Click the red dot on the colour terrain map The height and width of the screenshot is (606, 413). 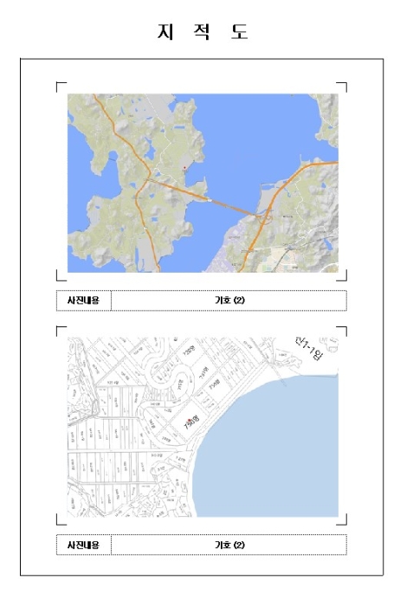pyautogui.click(x=185, y=166)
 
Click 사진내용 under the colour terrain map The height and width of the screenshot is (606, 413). pyautogui.click(x=84, y=300)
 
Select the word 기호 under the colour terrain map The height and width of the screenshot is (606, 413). pyautogui.click(x=223, y=300)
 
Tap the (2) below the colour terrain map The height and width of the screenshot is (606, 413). pyautogui.click(x=241, y=300)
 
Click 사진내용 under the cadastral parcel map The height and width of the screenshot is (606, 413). pyautogui.click(x=84, y=545)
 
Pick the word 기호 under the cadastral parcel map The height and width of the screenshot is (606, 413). pyautogui.click(x=223, y=545)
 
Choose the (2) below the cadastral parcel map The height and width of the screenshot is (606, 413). pyautogui.click(x=241, y=545)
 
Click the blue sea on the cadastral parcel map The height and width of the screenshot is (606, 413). pyautogui.click(x=286, y=450)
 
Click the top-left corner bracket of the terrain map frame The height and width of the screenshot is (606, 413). pyautogui.click(x=58, y=85)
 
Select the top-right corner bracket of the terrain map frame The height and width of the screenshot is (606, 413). pyautogui.click(x=345, y=85)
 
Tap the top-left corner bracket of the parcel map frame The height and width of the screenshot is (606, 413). pyautogui.click(x=58, y=329)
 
